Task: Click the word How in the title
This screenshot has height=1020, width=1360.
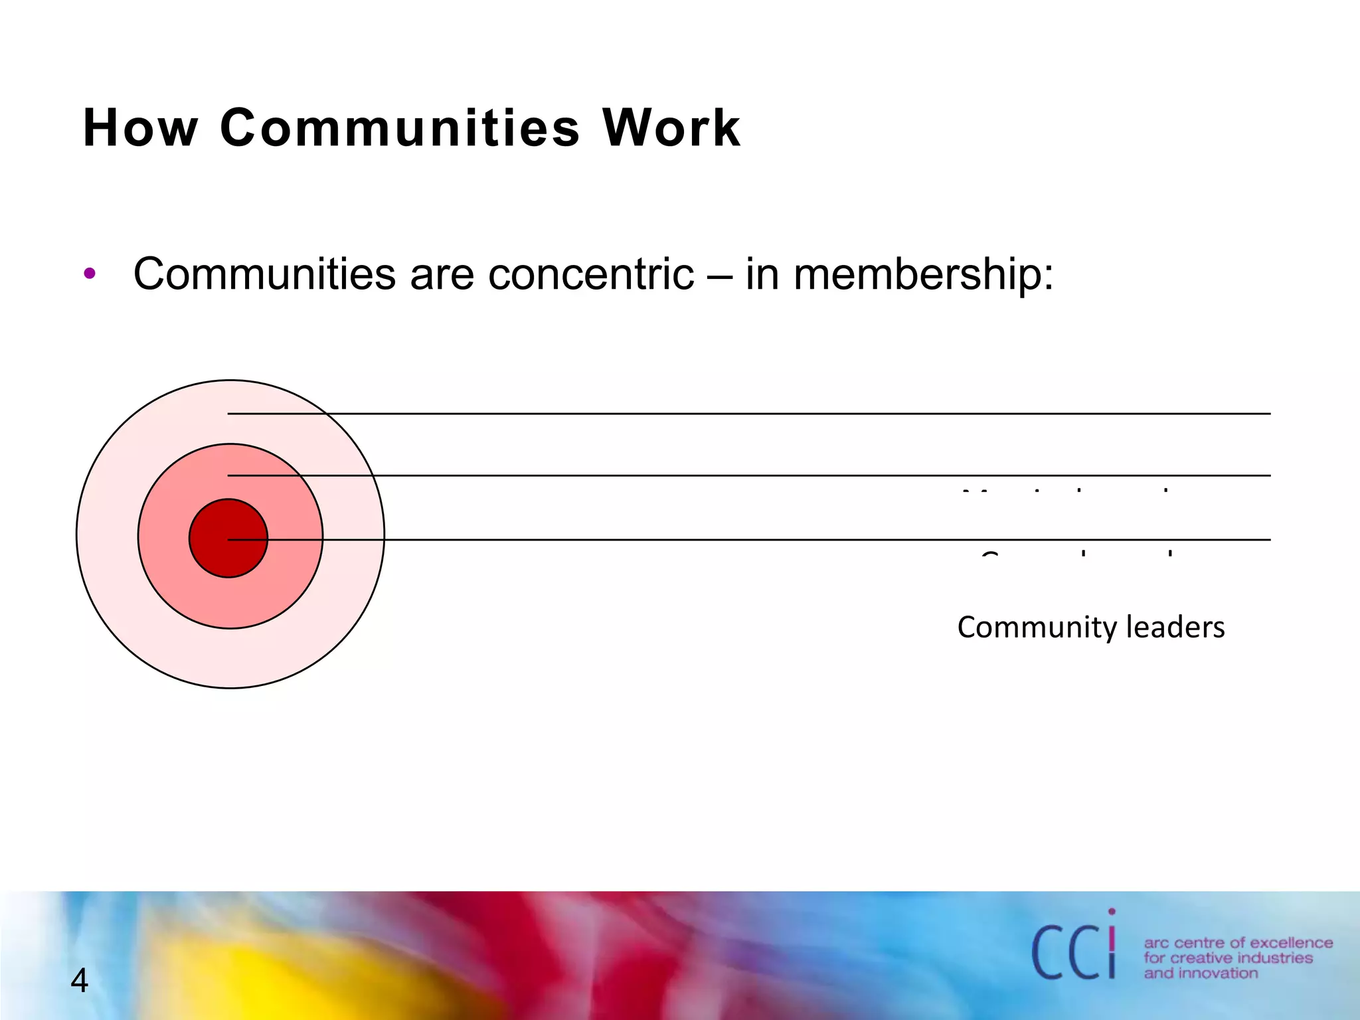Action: (x=140, y=127)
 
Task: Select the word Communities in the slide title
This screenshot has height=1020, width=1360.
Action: (x=400, y=127)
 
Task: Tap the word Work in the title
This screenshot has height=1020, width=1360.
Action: (x=671, y=127)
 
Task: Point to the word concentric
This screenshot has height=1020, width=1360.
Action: (x=591, y=274)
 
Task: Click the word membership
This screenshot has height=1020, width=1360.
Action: (x=923, y=275)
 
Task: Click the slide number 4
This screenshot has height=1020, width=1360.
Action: (x=79, y=981)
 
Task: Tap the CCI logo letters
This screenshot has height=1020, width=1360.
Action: (x=1072, y=952)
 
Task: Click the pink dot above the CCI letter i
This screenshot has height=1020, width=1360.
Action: (x=1112, y=912)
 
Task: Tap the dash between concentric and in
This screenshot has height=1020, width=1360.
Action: (x=719, y=275)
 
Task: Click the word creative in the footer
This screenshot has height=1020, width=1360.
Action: (x=1199, y=958)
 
